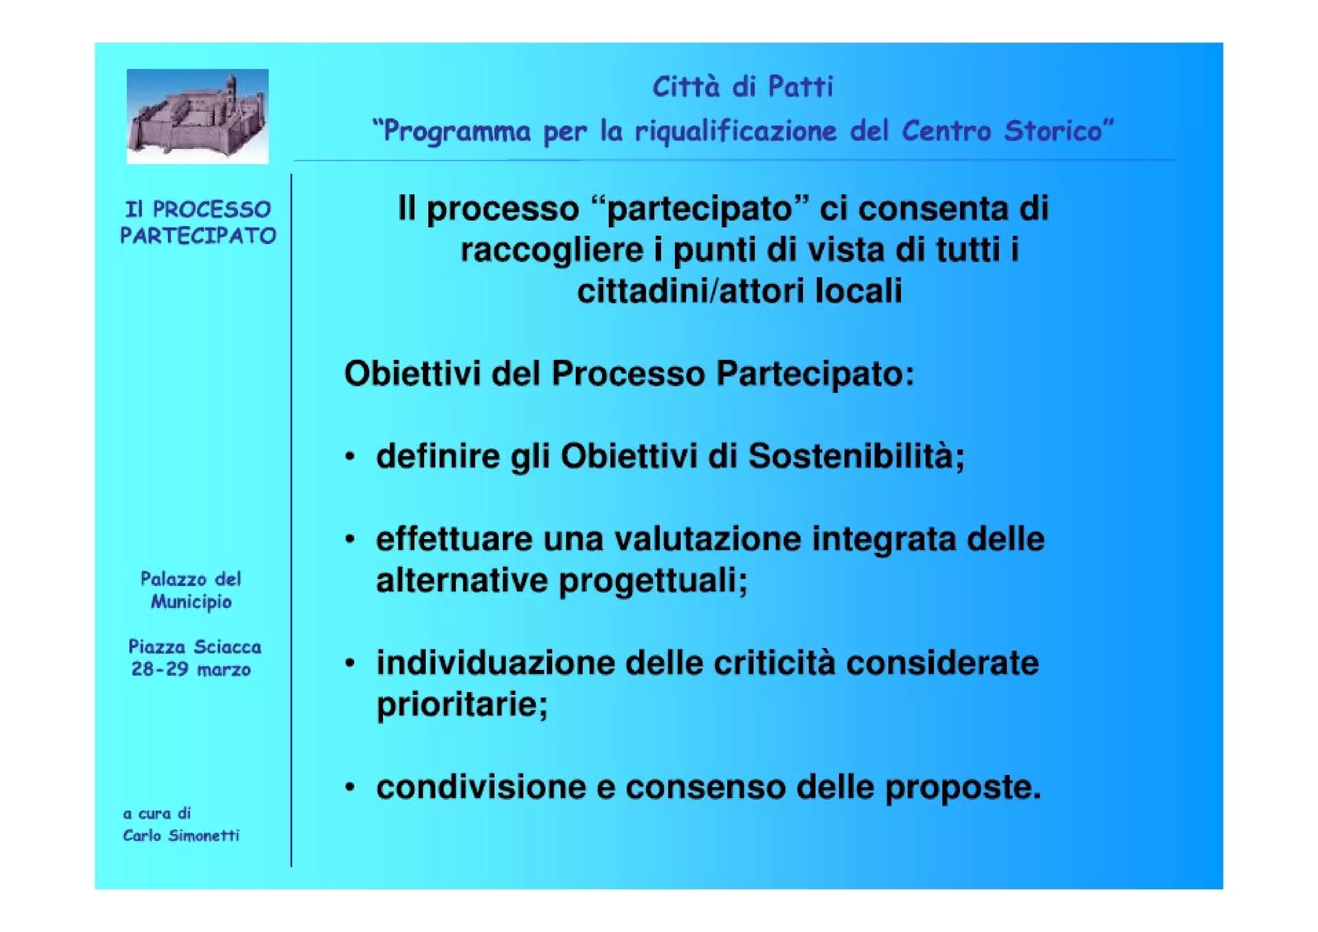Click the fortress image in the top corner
pos(197,116)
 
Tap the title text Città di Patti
pos(743,87)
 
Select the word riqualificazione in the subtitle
pos(736,131)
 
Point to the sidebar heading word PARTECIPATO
pos(198,236)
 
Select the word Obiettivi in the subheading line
pos(413,374)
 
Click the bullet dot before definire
pos(349,457)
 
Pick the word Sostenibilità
pos(856,456)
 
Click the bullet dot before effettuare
pos(349,540)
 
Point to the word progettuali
pos(652,581)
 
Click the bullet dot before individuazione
pos(349,663)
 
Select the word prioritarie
pos(461,704)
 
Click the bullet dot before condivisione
pos(349,787)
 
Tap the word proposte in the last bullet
pos(962,787)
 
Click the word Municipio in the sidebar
pos(191,602)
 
